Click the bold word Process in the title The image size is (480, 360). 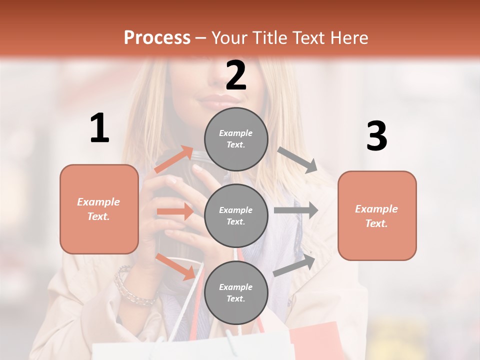click(157, 38)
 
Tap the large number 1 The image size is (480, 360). click(99, 128)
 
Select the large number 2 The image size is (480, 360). click(236, 75)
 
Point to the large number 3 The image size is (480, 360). click(376, 136)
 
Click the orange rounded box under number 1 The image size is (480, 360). click(99, 209)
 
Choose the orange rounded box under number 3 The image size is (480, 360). click(377, 216)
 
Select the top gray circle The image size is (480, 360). click(236, 139)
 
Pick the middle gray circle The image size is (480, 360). click(236, 216)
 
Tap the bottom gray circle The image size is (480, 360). click(236, 293)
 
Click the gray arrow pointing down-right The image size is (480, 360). click(297, 160)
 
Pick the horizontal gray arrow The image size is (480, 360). click(296, 210)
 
